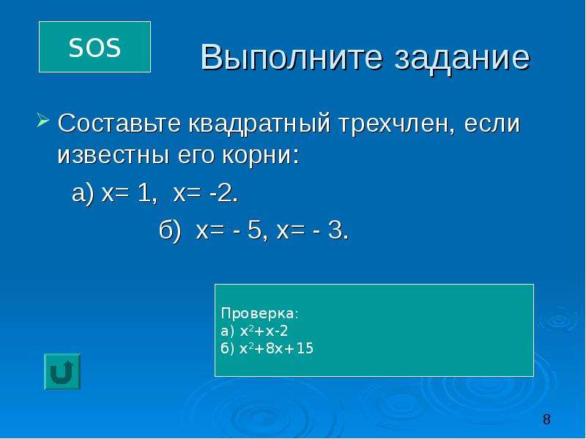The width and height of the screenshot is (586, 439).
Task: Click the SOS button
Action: click(94, 47)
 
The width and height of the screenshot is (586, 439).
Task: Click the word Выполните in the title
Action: click(292, 58)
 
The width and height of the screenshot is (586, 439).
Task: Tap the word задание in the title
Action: click(462, 58)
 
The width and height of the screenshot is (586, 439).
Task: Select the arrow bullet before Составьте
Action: click(43, 121)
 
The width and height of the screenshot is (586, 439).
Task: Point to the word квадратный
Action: click(259, 124)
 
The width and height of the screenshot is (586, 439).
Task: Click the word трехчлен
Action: click(397, 124)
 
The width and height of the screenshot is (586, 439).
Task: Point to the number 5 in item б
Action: click(253, 230)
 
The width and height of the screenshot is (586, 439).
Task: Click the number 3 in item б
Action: click(335, 230)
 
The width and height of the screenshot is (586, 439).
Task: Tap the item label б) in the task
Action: click(170, 230)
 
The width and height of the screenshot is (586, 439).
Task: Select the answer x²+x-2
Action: click(264, 331)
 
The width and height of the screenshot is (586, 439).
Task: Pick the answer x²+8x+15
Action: click(277, 348)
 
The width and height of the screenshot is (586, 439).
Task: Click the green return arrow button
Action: click(62, 372)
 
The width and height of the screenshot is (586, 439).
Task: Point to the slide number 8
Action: click(546, 419)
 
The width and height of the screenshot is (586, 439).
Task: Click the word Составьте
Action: click(119, 124)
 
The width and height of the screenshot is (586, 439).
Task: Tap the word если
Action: click(492, 124)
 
